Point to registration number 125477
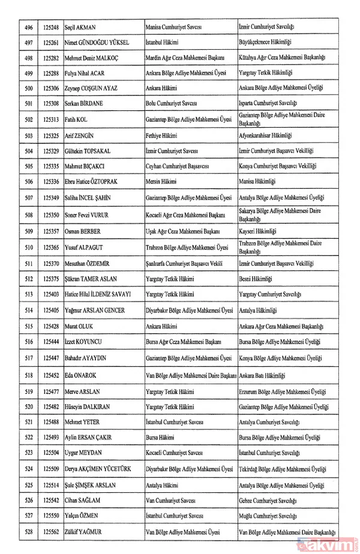tap(51, 391)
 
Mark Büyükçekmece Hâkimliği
tap(268, 44)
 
